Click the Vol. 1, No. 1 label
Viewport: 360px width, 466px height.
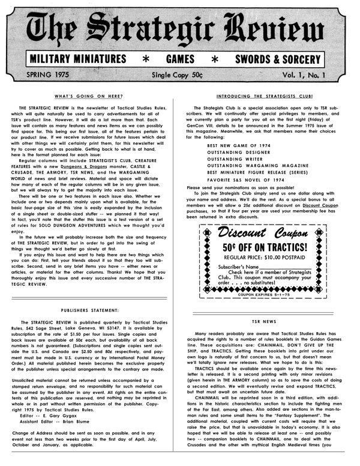coord(310,76)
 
